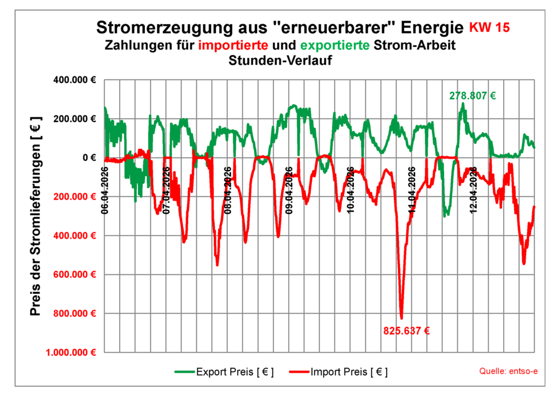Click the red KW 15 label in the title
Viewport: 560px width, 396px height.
tap(491, 27)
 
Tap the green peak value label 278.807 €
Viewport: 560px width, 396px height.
tap(472, 96)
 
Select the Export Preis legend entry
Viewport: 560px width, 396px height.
tap(224, 372)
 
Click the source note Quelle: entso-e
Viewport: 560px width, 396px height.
tap(509, 371)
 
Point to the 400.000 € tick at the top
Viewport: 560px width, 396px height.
tap(75, 80)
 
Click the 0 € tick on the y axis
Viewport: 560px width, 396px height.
tap(89, 158)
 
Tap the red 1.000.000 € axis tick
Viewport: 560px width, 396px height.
tap(71, 353)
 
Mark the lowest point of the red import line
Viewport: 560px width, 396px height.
tap(401, 318)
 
